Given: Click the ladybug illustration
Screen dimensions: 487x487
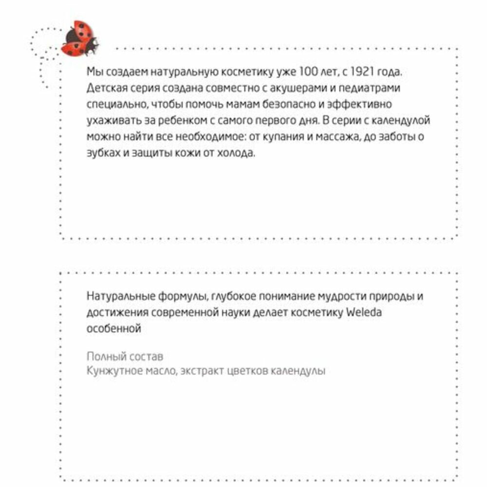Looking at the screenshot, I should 80,38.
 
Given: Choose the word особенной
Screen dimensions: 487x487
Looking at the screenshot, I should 113,329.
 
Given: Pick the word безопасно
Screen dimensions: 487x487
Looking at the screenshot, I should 285,104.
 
